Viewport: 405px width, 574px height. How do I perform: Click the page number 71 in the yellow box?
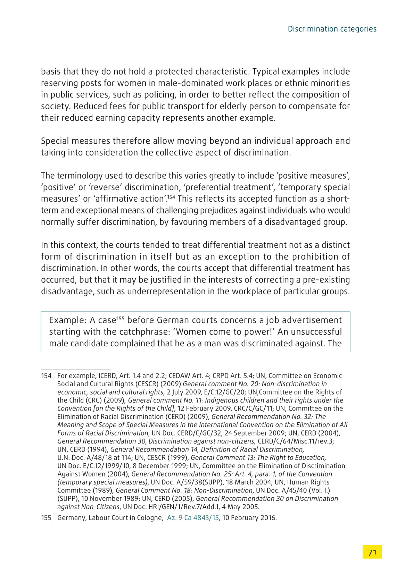coord(372,552)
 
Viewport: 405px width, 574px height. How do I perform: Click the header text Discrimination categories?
coord(332,29)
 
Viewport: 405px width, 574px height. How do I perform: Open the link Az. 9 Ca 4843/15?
coord(193,518)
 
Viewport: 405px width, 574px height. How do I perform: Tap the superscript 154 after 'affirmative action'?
coord(171,197)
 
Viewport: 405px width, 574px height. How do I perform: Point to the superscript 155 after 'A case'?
coord(120,318)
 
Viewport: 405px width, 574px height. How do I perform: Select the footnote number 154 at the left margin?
coord(46,375)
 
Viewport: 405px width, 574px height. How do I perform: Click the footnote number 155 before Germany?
coord(46,518)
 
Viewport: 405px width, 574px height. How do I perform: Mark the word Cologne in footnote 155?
coord(151,518)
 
